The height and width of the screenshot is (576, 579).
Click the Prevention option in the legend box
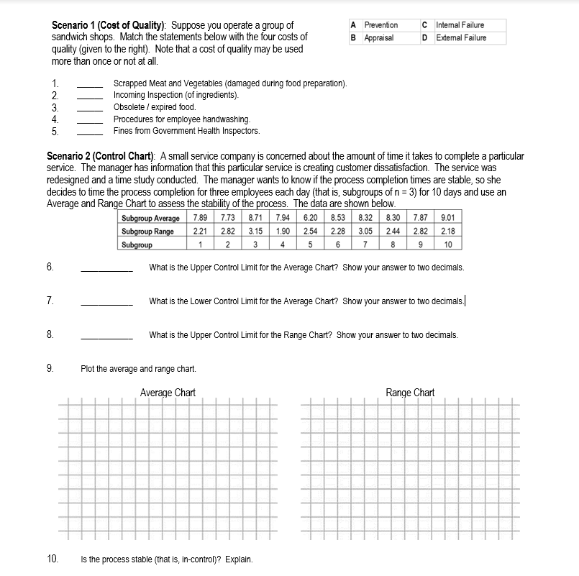[x=380, y=25]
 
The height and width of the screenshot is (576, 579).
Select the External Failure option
[x=460, y=38]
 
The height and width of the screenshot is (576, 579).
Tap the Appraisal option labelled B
[x=378, y=38]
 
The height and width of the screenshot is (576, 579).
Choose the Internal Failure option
[x=460, y=25]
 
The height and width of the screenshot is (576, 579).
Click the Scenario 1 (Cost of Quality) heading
[x=109, y=25]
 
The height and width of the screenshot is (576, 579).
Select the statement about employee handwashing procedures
[x=182, y=119]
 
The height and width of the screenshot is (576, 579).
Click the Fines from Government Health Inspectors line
[x=186, y=131]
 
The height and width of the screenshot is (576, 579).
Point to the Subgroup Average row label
[x=150, y=218]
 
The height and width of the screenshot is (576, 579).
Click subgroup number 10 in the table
[x=448, y=244]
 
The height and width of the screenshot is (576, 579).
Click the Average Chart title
[x=168, y=393]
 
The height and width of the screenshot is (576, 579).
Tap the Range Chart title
[x=410, y=393]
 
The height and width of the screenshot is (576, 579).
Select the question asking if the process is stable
[x=168, y=559]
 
